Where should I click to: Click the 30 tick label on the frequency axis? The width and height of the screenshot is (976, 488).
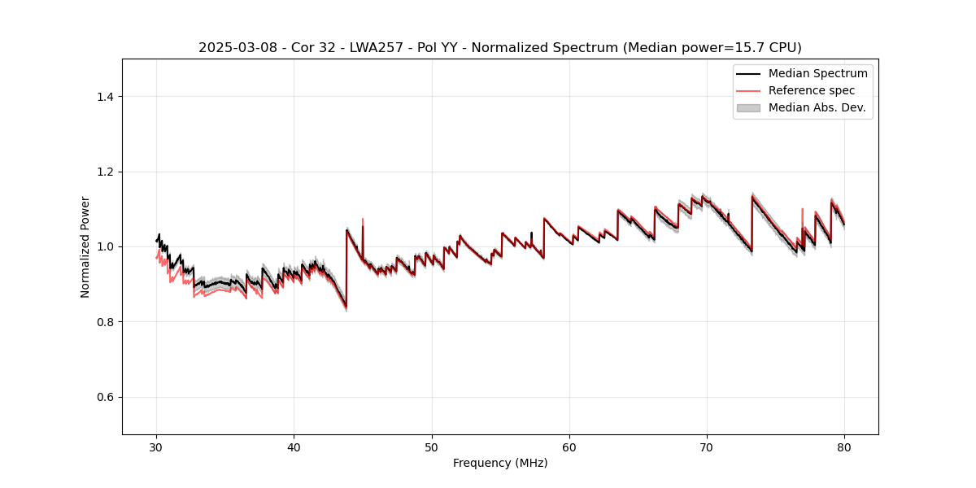click(x=156, y=447)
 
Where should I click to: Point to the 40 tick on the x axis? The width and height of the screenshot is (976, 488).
click(x=294, y=447)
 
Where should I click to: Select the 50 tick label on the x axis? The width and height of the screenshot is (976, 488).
click(x=432, y=447)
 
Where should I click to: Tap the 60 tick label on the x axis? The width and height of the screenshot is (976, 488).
click(x=569, y=447)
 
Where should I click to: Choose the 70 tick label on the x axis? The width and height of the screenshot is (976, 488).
click(x=707, y=447)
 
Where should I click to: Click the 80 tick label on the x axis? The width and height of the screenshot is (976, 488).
click(x=844, y=447)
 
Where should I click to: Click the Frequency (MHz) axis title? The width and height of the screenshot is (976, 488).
click(x=500, y=464)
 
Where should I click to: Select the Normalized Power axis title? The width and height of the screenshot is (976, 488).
click(x=85, y=246)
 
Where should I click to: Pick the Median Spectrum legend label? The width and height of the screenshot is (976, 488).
click(x=817, y=73)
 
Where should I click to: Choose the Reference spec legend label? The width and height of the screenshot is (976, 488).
click(x=812, y=90)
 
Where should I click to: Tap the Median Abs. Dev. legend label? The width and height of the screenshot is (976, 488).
click(x=817, y=107)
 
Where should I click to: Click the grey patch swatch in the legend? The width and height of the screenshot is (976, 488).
click(x=748, y=107)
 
